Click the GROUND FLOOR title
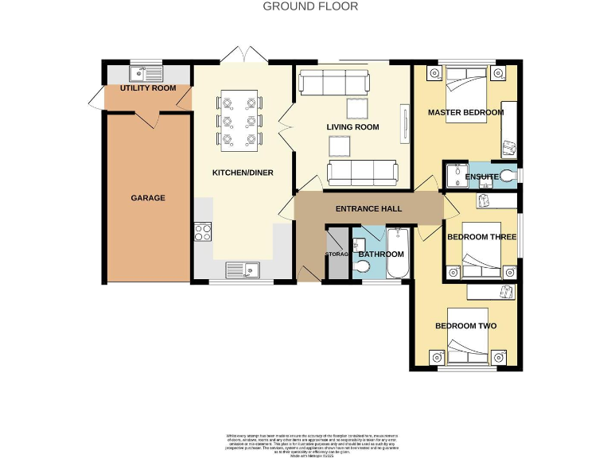click(310, 6)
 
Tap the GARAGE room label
click(148, 197)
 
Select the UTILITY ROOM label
click(148, 88)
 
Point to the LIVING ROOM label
click(352, 127)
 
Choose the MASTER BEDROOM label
click(465, 112)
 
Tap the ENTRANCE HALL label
click(368, 209)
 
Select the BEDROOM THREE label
click(477, 237)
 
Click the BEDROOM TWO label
click(465, 326)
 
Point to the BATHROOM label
click(380, 254)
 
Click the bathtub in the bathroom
click(397, 253)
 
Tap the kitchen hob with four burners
click(202, 232)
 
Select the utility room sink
click(146, 73)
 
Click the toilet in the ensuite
click(506, 175)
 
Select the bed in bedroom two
click(465, 349)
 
